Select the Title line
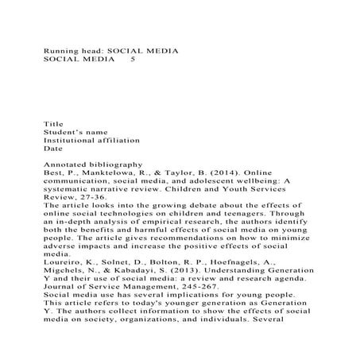[x=53, y=124]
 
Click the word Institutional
[x=74, y=140]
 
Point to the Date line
[x=52, y=149]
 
